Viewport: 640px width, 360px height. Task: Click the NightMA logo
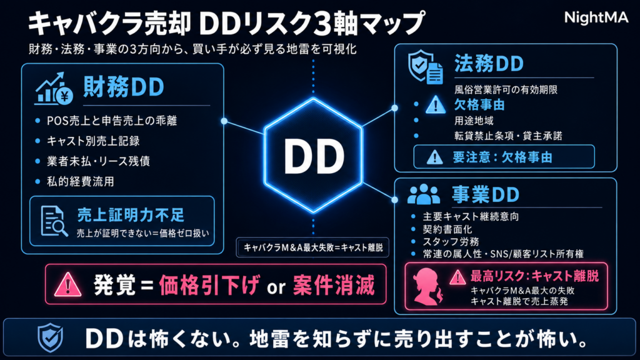[596, 18]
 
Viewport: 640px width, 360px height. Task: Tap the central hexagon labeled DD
[313, 156]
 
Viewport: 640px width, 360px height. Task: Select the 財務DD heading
[124, 86]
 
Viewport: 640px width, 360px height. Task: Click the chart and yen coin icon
[54, 88]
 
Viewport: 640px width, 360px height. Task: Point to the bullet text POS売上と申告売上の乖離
[111, 121]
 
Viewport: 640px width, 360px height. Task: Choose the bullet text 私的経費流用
[81, 181]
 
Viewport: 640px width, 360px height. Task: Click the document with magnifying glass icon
[54, 221]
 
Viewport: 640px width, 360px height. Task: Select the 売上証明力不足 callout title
[131, 215]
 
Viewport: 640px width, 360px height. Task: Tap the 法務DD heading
[489, 64]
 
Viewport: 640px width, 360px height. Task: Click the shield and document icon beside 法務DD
[425, 67]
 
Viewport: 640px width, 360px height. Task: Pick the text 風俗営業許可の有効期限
[506, 90]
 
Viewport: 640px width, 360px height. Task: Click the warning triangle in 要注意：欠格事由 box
[434, 157]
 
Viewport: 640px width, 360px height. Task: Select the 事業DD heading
[485, 195]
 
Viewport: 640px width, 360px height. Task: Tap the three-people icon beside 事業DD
[424, 194]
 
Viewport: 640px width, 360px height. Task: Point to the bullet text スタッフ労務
[451, 242]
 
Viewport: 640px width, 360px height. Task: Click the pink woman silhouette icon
[427, 286]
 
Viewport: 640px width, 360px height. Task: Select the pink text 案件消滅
[334, 285]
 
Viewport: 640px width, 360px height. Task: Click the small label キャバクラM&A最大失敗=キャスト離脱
[313, 247]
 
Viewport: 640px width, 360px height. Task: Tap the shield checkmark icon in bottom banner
[50, 337]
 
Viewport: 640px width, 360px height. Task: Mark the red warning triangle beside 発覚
[67, 284]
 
